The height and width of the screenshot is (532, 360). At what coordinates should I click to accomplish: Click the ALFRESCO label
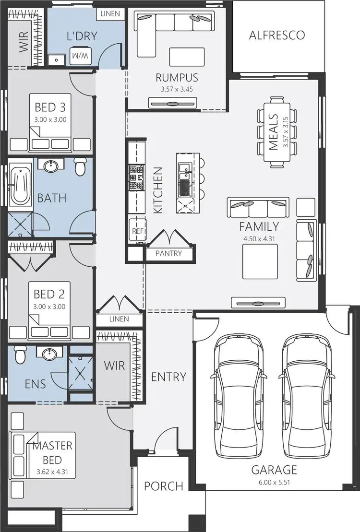276,35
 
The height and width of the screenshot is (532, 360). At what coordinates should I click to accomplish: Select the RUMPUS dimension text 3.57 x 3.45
177,89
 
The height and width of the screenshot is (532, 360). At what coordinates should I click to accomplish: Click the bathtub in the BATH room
20,185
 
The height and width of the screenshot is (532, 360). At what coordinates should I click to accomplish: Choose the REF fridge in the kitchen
136,231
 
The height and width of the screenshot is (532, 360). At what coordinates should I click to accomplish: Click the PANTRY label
168,253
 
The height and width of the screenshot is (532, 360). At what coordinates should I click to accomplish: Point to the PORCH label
164,486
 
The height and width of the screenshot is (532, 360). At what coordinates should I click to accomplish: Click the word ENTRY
168,377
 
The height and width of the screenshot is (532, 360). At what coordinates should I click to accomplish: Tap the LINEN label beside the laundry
110,14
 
